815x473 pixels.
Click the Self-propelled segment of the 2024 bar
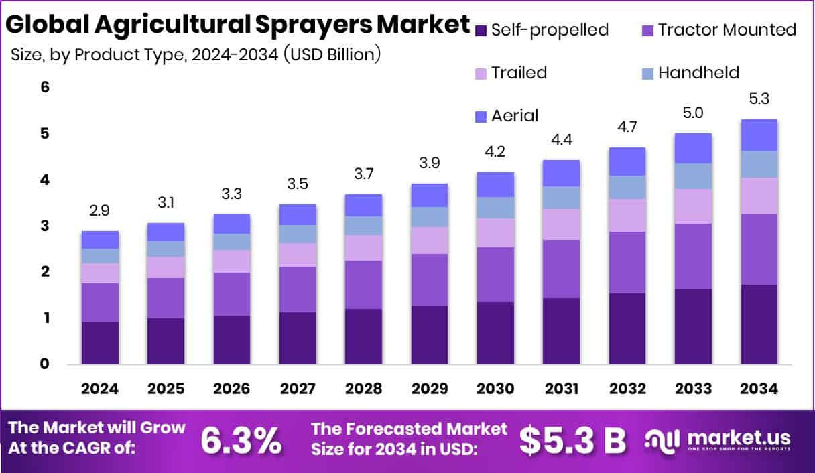click(x=100, y=342)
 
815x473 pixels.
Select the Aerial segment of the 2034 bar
click(x=759, y=135)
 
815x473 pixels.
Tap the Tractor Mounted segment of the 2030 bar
click(x=495, y=275)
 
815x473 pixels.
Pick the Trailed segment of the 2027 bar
click(x=298, y=255)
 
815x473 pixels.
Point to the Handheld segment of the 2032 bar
click(x=627, y=187)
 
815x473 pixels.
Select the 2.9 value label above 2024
click(x=100, y=211)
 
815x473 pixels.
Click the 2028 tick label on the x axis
click(x=363, y=389)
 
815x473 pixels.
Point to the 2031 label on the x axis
click(x=560, y=389)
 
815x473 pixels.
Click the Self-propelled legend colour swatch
click(x=481, y=30)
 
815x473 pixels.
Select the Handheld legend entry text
click(x=698, y=72)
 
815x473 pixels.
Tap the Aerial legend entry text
click(x=515, y=115)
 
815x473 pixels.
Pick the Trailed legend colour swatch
click(x=481, y=73)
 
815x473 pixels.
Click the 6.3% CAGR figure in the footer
click(x=241, y=440)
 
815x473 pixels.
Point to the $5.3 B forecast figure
click(x=572, y=440)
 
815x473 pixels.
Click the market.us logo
click(x=718, y=440)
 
